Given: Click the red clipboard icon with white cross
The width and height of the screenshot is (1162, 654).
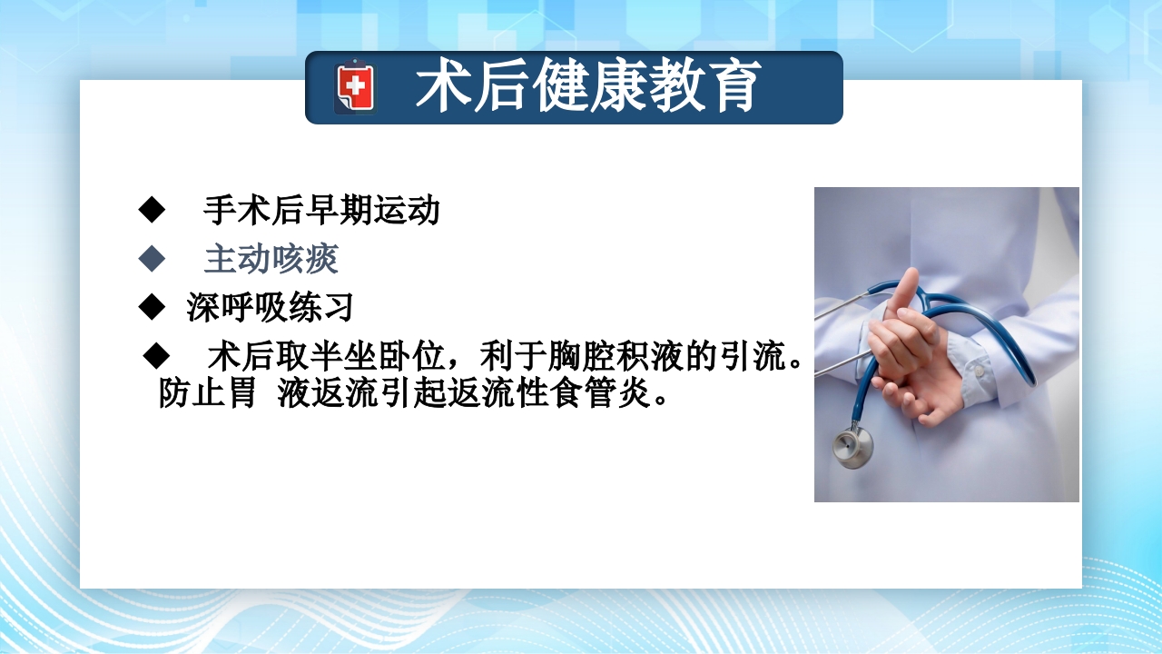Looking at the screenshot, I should point(354,87).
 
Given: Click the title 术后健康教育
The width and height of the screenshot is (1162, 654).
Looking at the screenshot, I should point(587,87).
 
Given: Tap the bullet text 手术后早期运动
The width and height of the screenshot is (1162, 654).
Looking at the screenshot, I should point(321,211).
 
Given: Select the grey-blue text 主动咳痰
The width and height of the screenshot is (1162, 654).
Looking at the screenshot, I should point(271,260).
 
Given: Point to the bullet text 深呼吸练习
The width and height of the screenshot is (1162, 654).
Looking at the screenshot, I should point(270,308).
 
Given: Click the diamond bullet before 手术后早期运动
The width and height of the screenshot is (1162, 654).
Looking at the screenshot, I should point(152,211).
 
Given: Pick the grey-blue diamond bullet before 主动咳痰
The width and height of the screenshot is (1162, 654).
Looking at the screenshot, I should point(152,260).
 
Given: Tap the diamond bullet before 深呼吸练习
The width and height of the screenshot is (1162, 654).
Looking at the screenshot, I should point(152,307).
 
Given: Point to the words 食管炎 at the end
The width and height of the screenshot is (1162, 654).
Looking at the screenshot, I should point(619,395).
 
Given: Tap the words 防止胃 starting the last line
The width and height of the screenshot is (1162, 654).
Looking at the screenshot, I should point(207,395).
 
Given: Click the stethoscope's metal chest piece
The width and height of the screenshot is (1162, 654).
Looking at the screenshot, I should point(852,447).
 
